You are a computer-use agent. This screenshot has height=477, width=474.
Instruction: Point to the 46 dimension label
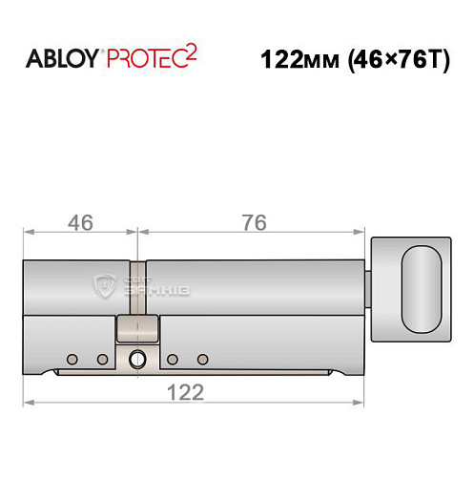pos(80,221)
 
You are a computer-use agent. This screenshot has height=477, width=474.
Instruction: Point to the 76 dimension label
pos(254,221)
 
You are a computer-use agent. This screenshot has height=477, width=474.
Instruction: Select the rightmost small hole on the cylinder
pos(202,359)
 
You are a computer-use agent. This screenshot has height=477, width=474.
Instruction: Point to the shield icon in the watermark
pos(107,283)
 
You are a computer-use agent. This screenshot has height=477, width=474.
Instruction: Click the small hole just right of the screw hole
pos(173,359)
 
